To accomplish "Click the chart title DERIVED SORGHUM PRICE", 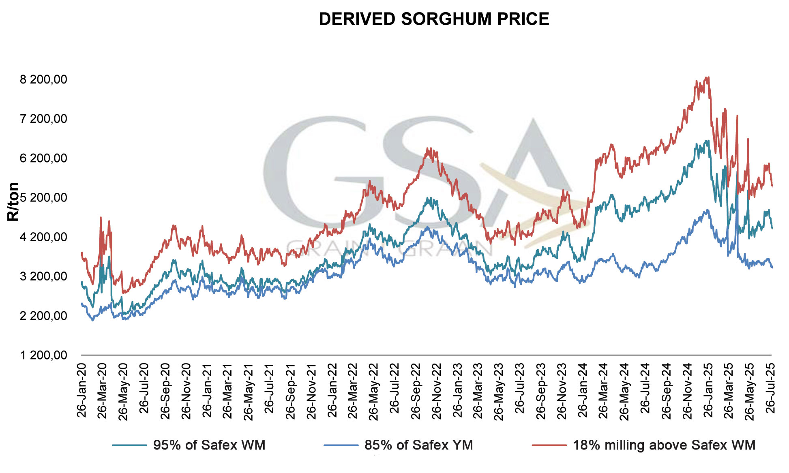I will click(x=434, y=19).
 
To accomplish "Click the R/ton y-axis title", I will click(x=13, y=201).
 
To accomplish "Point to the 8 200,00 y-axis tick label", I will click(x=44, y=79).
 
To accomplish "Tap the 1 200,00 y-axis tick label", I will click(x=44, y=355).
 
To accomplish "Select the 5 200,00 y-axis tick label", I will click(x=44, y=198).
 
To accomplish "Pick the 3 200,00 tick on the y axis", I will click(x=44, y=276).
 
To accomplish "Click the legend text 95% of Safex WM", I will click(x=209, y=445).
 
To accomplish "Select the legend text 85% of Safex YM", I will click(x=418, y=445).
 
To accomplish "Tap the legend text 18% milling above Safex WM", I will click(x=664, y=445).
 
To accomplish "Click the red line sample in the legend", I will click(x=549, y=445).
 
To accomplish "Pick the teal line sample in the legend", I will click(x=129, y=445).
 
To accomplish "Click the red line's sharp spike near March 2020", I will click(x=101, y=218).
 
